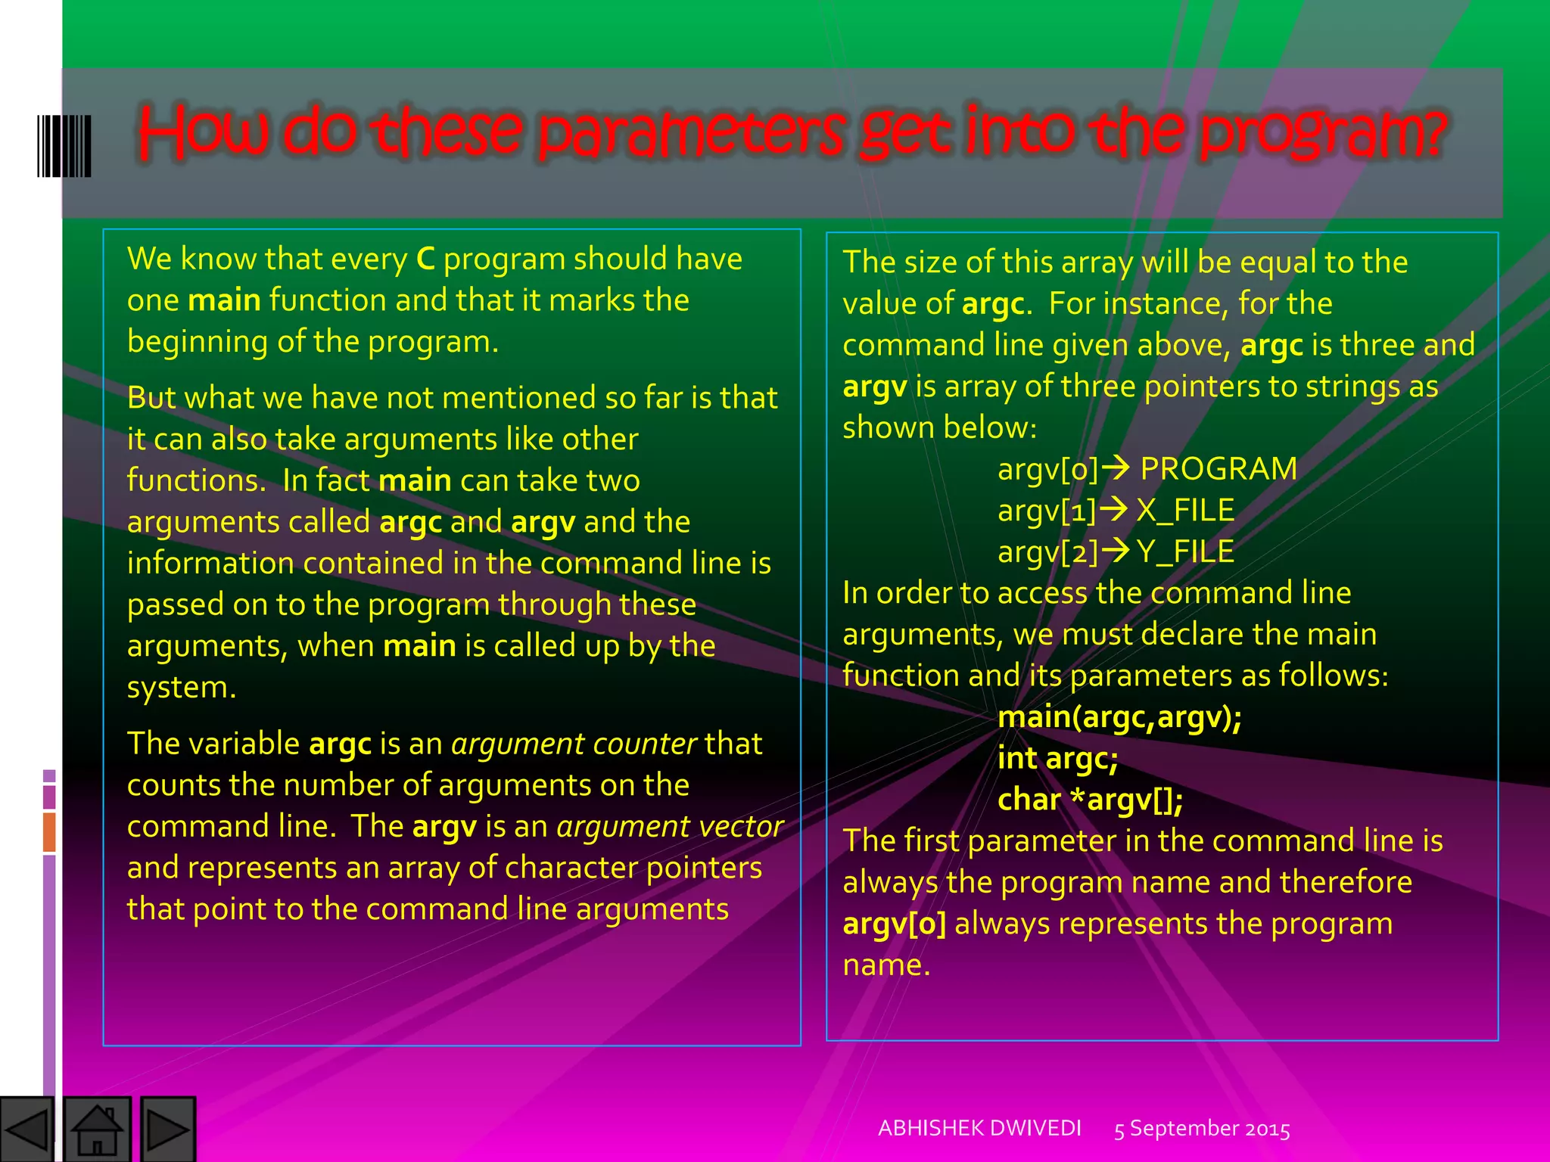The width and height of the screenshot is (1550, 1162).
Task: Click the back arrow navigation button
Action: (x=27, y=1129)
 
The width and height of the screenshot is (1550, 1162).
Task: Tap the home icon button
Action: (x=96, y=1129)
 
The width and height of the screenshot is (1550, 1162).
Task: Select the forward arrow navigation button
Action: (x=167, y=1129)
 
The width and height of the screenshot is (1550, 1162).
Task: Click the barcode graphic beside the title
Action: (x=64, y=146)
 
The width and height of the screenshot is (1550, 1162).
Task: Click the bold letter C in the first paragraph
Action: (x=425, y=259)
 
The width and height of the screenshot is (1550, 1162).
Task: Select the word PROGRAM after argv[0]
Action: (x=1219, y=469)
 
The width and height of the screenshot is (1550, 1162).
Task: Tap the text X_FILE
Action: (x=1185, y=511)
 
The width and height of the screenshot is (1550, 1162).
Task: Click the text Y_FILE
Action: (x=1185, y=552)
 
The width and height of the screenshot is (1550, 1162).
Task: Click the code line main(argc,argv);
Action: (x=1119, y=717)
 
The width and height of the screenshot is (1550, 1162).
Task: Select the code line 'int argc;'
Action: (x=1057, y=759)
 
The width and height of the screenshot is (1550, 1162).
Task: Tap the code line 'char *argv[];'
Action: (x=1090, y=800)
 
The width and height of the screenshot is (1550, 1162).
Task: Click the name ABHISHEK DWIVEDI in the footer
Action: (x=979, y=1128)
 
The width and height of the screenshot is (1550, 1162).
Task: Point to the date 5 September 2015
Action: (x=1202, y=1129)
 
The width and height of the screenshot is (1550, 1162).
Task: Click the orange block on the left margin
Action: (x=49, y=831)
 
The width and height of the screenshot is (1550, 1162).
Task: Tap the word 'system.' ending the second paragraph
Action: (x=182, y=688)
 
